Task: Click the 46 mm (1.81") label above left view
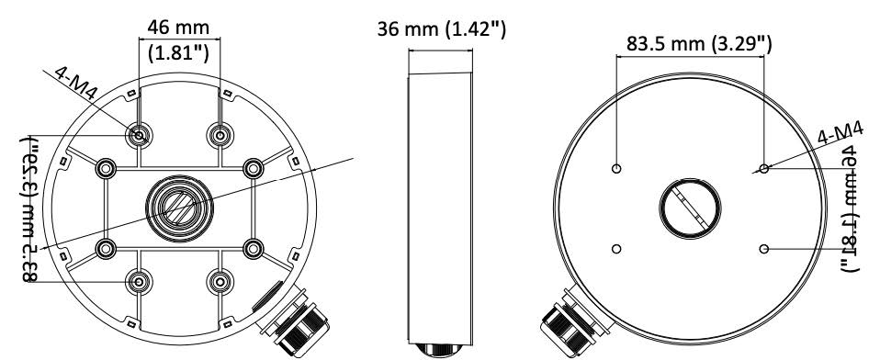[178, 41]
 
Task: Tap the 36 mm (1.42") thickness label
[442, 28]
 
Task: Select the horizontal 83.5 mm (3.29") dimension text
[699, 43]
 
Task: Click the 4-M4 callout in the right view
[840, 134]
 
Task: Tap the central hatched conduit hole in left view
[180, 208]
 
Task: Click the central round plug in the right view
[690, 208]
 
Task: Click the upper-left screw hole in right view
[616, 168]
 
